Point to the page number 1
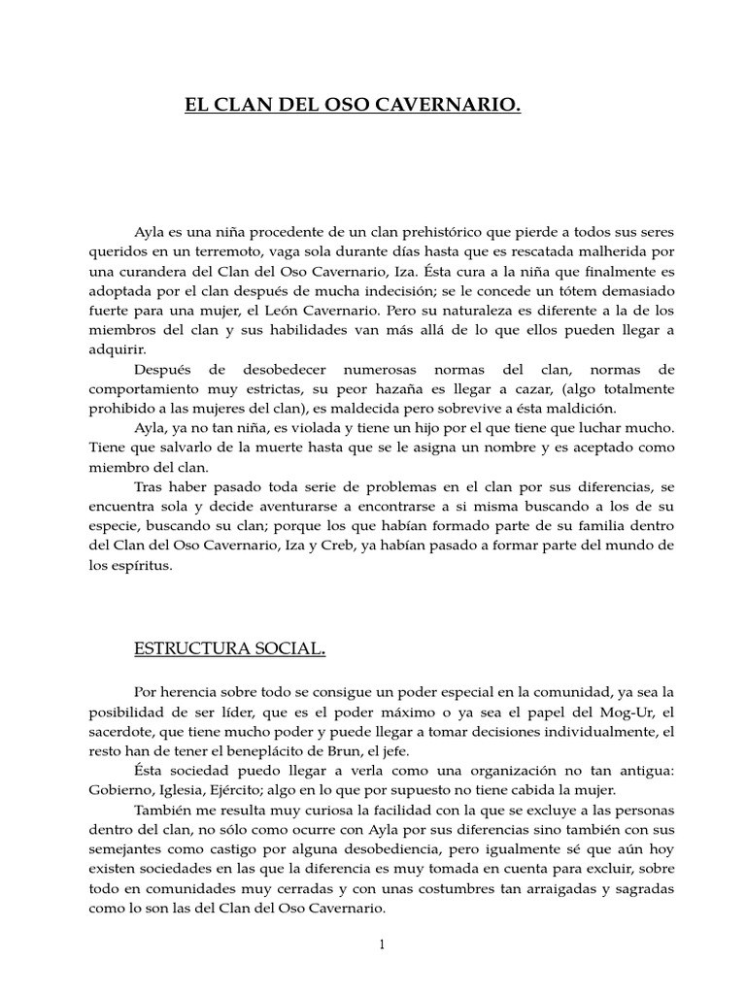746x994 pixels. [384, 944]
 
